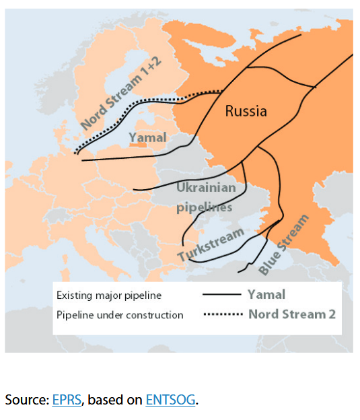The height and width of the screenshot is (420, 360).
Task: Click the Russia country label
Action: coord(246,111)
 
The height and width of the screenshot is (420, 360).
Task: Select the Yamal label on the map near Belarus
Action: coord(147,138)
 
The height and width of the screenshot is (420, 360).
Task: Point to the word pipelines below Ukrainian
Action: coord(204,207)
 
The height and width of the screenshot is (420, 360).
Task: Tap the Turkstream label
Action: coord(211,246)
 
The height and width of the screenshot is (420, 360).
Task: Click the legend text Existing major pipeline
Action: coord(109,295)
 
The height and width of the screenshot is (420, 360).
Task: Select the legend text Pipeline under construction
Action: coord(120,314)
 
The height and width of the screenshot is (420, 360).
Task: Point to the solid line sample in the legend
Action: coord(221,295)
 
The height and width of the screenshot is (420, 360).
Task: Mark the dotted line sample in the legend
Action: coord(221,314)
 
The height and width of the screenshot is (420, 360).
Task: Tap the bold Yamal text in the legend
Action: coord(266,294)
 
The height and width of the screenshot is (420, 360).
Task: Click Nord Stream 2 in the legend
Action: coord(291,314)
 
